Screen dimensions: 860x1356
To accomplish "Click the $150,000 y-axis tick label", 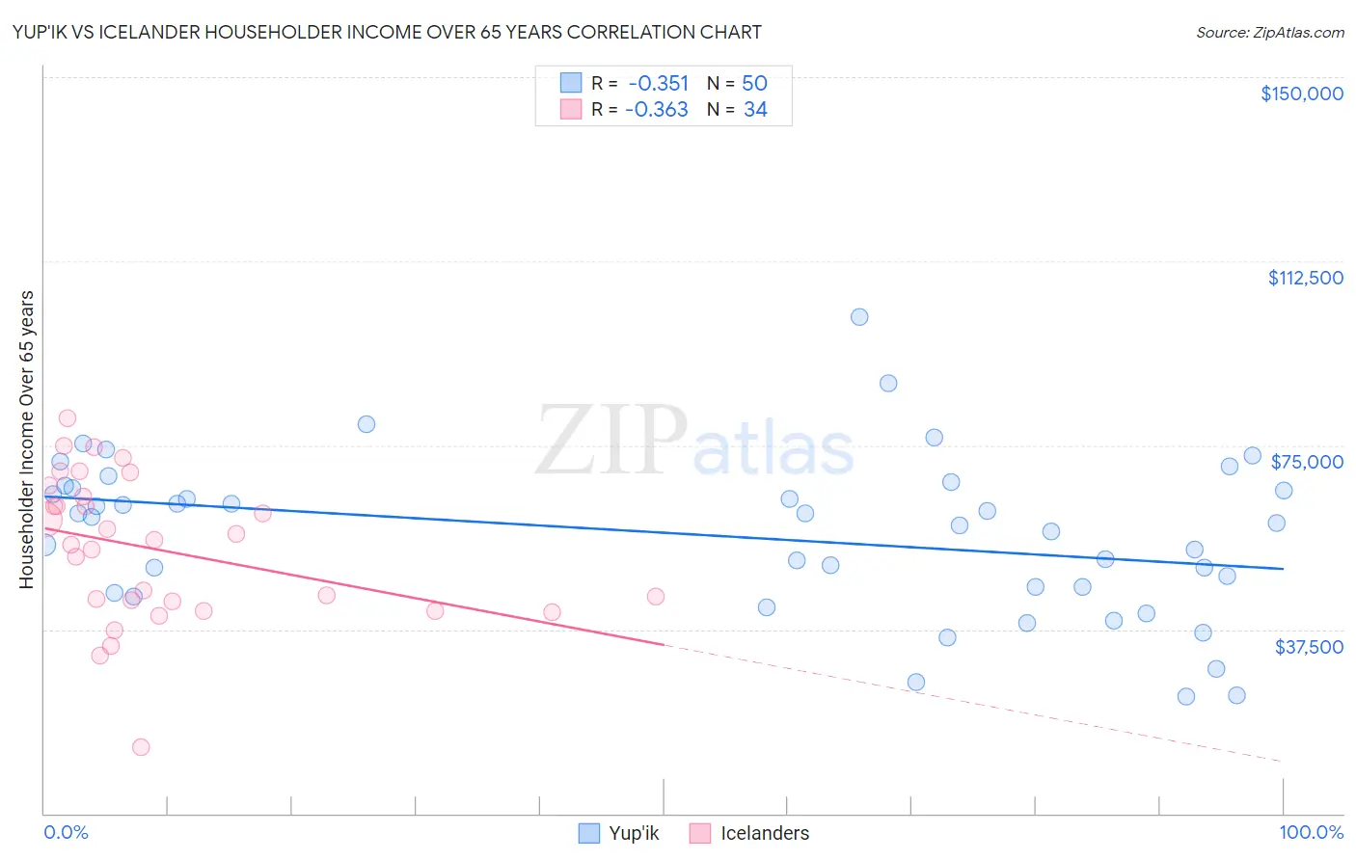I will point(1301,94).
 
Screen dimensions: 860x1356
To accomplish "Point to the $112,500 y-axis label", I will point(1305,278).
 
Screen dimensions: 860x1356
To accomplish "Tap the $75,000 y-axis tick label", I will point(1307,462).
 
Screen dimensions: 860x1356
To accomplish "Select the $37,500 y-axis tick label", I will point(1309,647).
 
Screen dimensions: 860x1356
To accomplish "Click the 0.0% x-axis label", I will point(66,833).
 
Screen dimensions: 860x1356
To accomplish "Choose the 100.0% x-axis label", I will point(1311,833).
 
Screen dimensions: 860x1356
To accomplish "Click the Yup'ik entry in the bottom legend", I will point(618,833).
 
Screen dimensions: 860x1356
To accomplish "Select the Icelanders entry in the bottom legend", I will point(749,833).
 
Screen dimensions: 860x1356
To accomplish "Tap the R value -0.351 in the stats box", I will point(658,83).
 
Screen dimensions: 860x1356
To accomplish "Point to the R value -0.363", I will point(656,110).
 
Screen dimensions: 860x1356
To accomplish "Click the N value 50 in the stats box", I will point(754,83).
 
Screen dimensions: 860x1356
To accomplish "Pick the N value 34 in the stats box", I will point(755,110).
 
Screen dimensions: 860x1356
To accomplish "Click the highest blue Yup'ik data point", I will point(859,317).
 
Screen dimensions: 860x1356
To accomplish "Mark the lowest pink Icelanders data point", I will point(141,747).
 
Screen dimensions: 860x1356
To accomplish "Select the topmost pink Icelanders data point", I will point(68,418).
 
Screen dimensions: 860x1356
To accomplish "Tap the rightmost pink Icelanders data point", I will point(656,597).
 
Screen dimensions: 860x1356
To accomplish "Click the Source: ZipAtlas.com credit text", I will point(1269,33).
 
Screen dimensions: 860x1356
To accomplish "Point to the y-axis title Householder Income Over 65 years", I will point(27,439).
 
